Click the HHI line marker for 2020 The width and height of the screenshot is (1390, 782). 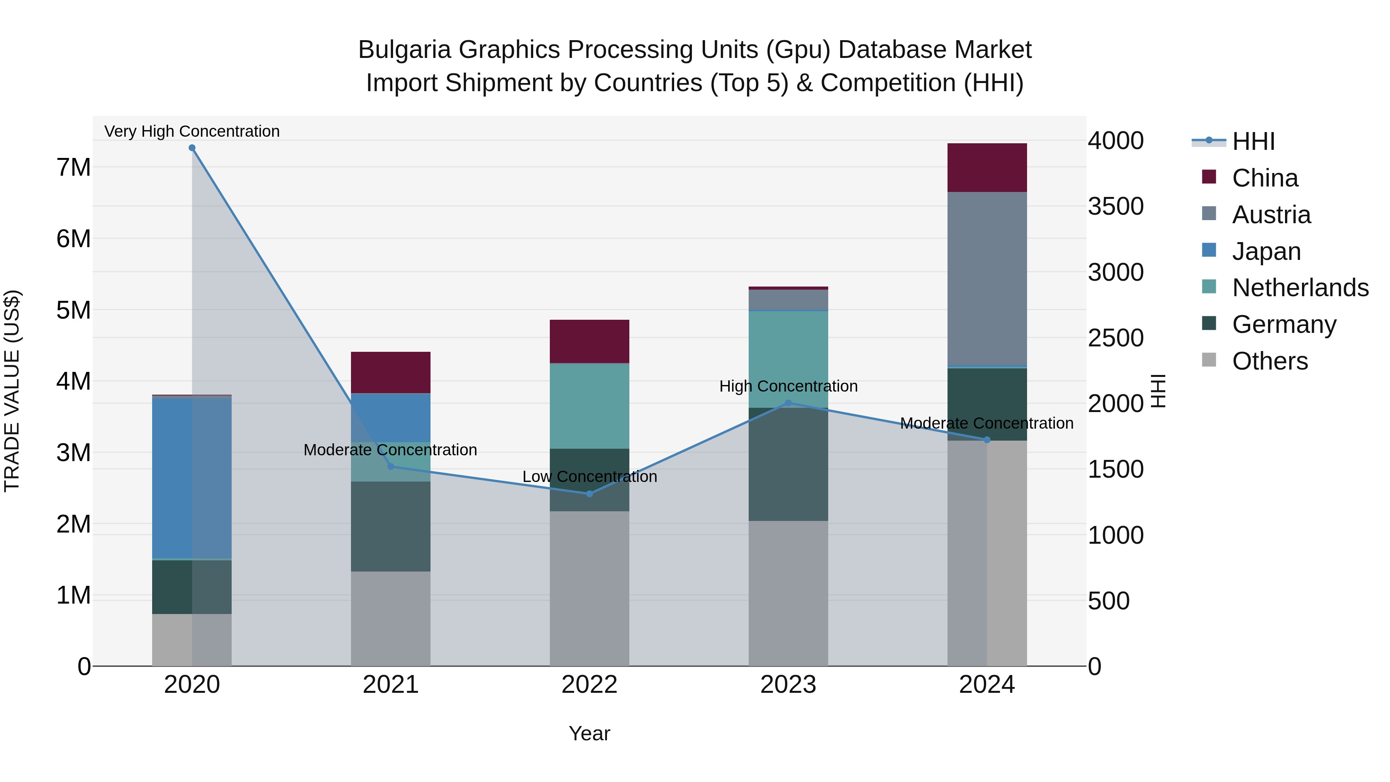[192, 148]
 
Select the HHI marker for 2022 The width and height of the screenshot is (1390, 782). [589, 494]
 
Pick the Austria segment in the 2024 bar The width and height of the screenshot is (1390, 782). [987, 279]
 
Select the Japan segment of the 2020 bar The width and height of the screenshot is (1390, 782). [192, 478]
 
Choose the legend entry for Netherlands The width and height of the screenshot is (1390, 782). [1300, 288]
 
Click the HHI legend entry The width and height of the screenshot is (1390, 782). [1253, 141]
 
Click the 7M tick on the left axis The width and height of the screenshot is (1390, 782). [74, 167]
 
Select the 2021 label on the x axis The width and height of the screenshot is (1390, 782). [391, 685]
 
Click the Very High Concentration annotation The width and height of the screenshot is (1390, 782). [192, 131]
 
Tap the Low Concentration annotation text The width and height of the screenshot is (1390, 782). [589, 477]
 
